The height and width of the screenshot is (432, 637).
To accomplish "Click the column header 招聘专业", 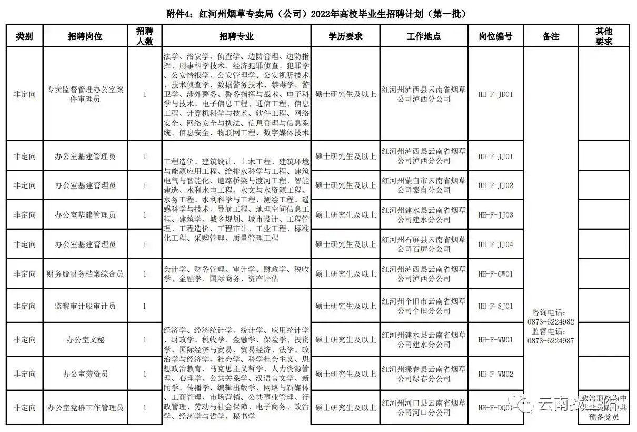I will [236, 36].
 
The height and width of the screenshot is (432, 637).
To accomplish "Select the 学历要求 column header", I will [345, 36].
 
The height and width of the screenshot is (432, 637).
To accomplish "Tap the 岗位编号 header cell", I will [495, 36].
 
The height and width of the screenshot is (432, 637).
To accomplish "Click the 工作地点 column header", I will [423, 36].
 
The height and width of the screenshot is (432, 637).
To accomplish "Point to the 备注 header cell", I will [550, 36].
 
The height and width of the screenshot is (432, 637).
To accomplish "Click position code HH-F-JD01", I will [495, 95].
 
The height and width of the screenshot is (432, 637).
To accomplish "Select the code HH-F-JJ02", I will [495, 185].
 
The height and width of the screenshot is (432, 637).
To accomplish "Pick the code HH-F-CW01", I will [495, 274].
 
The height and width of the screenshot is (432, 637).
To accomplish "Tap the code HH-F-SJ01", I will [495, 306].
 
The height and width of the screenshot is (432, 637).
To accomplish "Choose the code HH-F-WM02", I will [495, 374].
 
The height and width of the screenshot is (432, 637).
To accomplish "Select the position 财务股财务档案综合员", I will [85, 274].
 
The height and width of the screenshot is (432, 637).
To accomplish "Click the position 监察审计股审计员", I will [85, 306].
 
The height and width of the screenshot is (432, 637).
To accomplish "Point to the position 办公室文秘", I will [85, 340].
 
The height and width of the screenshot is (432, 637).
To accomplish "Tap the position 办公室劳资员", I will [85, 374].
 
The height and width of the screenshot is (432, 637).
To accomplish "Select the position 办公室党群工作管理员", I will [85, 408].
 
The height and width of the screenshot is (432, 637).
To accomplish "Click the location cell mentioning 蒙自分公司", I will [423, 185].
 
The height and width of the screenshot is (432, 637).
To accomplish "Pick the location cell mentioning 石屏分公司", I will [423, 244].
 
